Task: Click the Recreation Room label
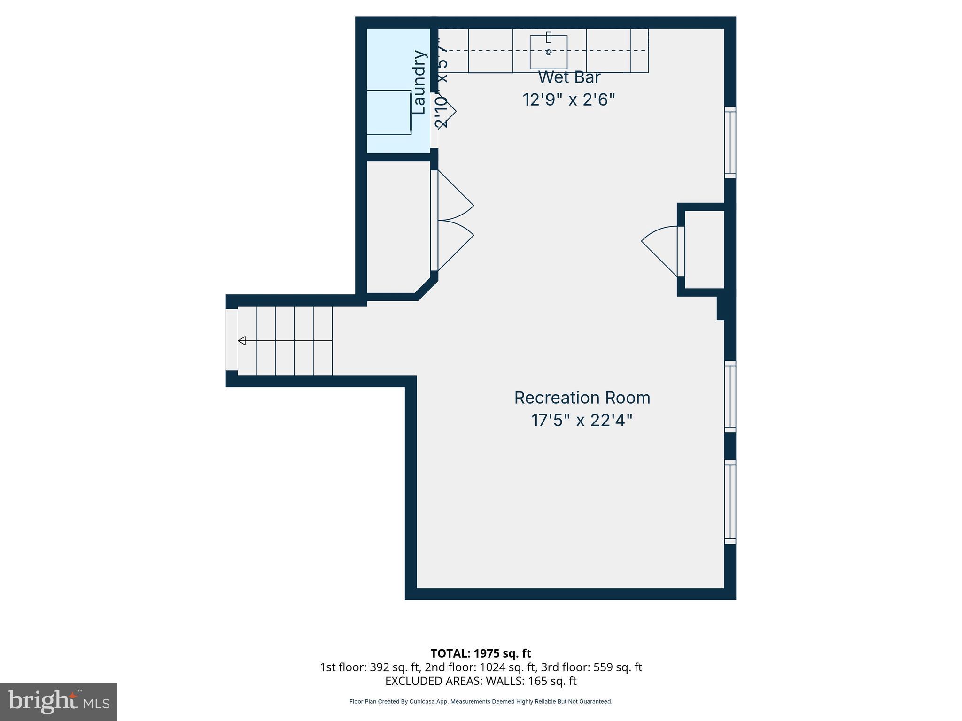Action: pyautogui.click(x=582, y=398)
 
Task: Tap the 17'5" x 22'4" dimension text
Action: pyautogui.click(x=582, y=420)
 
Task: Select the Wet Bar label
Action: pyautogui.click(x=569, y=77)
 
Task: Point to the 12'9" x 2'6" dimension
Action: pyautogui.click(x=569, y=100)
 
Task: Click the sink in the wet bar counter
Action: pyautogui.click(x=548, y=52)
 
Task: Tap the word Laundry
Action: pyautogui.click(x=419, y=83)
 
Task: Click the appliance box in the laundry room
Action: pyautogui.click(x=389, y=112)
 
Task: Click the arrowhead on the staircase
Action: pyautogui.click(x=242, y=341)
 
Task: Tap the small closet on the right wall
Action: pyautogui.click(x=704, y=249)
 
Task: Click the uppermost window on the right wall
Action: pyautogui.click(x=730, y=142)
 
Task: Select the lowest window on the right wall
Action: pyautogui.click(x=730, y=501)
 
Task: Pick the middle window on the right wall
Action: pyautogui.click(x=730, y=397)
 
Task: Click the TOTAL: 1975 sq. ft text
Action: pyautogui.click(x=481, y=653)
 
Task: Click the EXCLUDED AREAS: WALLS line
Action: pyautogui.click(x=481, y=681)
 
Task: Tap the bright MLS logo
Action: pyautogui.click(x=59, y=702)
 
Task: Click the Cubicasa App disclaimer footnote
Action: pyautogui.click(x=481, y=702)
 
